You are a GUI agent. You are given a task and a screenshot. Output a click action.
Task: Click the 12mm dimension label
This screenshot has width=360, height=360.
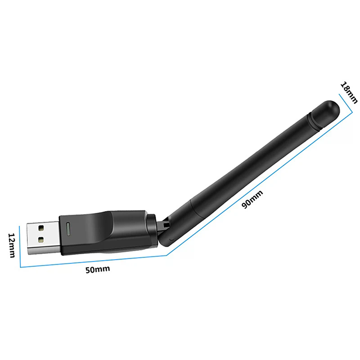tap(13, 245)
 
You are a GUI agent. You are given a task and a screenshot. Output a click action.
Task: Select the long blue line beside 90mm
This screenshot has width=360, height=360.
tap(259, 180)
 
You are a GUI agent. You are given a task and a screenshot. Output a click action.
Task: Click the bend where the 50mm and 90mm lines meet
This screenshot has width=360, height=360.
tap(167, 255)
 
